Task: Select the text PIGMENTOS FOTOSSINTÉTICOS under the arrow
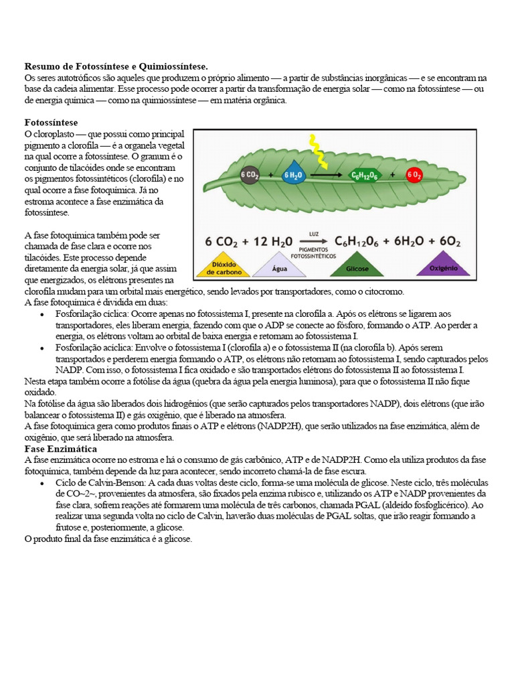pos(315,251)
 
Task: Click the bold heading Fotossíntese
pos(51,123)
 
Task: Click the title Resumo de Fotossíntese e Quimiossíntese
pos(116,66)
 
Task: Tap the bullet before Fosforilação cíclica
pos(43,314)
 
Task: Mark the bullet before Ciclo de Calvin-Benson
pos(43,482)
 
